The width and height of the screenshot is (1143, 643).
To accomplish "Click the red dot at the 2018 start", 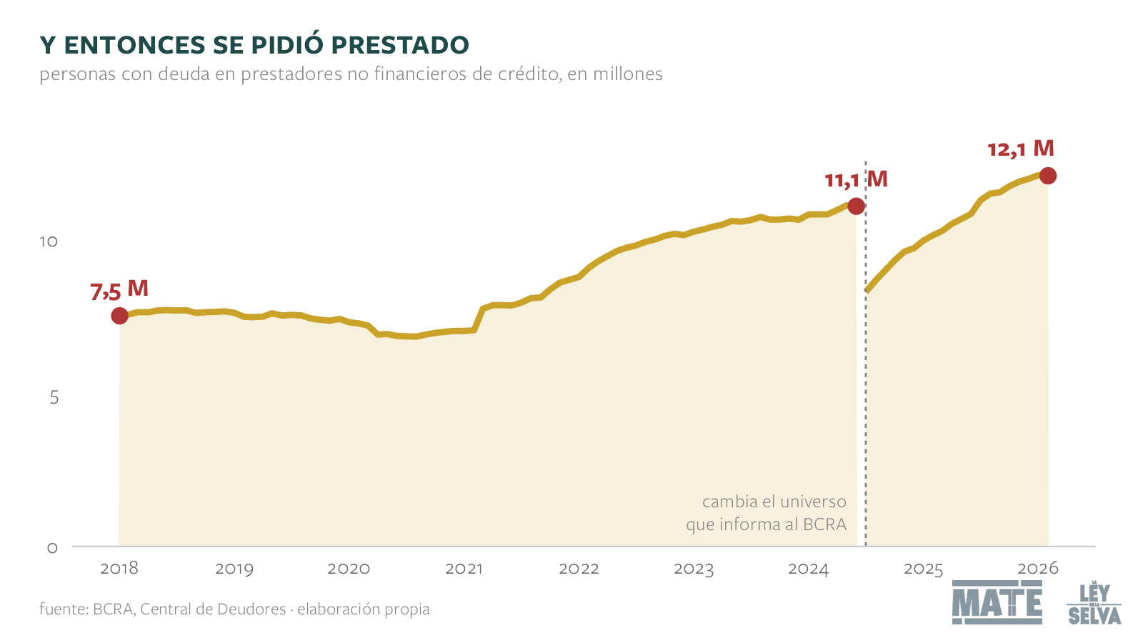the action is [x=119, y=316].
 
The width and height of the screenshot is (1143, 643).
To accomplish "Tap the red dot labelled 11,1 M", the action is [x=856, y=206].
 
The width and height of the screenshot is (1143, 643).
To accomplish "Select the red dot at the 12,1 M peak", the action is [x=1047, y=176].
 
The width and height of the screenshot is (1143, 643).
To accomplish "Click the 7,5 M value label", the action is [x=119, y=290].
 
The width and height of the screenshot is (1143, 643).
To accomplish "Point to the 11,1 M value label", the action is [x=857, y=179].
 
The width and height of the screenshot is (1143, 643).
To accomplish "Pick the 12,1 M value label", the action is [x=1021, y=149].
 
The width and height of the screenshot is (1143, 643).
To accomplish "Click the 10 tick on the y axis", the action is [x=49, y=241].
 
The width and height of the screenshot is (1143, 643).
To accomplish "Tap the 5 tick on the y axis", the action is [x=54, y=397].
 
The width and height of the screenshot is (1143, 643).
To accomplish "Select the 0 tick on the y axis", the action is [x=53, y=548].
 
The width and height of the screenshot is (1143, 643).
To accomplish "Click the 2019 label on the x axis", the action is [x=234, y=569].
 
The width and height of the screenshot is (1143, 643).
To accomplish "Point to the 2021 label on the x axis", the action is [x=464, y=569].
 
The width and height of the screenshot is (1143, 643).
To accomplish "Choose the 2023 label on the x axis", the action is [x=694, y=569].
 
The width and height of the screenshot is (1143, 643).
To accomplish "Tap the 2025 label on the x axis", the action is [x=924, y=569].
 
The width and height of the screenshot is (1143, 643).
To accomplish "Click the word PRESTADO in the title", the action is [x=400, y=45].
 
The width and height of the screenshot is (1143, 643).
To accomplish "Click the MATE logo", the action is [x=997, y=602].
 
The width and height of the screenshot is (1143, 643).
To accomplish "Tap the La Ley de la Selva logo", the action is [x=1094, y=602].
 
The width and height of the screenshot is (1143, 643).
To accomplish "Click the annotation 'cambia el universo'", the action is [x=774, y=502].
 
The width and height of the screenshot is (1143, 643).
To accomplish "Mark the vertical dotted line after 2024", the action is [x=865, y=353].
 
